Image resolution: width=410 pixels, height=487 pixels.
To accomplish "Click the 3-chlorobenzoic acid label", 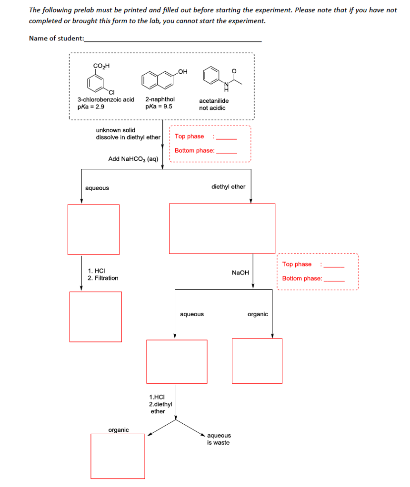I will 106,99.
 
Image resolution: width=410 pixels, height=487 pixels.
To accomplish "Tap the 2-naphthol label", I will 160,99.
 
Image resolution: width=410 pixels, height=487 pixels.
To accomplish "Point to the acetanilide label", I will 214,101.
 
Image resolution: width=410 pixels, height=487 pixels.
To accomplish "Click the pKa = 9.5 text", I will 159,107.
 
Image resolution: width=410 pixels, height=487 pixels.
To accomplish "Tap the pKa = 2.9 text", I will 91,107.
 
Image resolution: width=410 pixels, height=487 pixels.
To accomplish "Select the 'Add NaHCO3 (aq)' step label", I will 133,159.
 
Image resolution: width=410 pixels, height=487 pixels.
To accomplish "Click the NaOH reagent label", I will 240,273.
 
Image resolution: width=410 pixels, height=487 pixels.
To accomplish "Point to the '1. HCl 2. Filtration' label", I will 103,274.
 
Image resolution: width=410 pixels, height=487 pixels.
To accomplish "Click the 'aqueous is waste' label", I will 219,439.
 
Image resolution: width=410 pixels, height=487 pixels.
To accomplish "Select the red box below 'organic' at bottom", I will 118,456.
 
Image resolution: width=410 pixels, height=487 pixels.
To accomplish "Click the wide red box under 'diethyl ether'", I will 222,228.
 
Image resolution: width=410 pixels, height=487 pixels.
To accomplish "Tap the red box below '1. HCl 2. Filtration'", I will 95,316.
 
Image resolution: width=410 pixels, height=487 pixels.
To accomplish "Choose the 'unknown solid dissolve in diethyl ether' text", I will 128,134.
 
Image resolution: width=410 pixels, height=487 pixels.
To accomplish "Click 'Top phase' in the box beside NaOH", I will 297,264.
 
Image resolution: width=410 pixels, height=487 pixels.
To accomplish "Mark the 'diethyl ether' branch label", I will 228,187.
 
